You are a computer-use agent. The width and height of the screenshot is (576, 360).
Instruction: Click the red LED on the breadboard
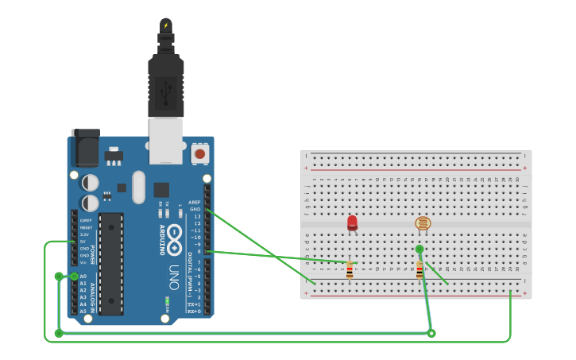click(352, 223)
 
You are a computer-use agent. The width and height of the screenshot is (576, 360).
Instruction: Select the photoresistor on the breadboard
click(423, 223)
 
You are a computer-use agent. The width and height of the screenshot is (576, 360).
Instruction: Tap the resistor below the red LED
click(350, 271)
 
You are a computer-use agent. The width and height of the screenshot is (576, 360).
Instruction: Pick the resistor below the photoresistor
click(419, 271)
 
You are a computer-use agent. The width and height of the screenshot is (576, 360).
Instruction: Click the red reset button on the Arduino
click(199, 153)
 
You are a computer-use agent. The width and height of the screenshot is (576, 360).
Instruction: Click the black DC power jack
click(85, 148)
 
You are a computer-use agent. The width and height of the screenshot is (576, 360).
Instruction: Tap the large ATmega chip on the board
click(111, 263)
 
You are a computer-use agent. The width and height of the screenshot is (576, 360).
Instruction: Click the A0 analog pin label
click(83, 277)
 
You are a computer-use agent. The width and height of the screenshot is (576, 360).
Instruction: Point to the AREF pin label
click(195, 203)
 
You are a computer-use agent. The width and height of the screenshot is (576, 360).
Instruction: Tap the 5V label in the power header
click(83, 242)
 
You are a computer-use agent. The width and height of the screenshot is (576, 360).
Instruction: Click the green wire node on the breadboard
click(419, 250)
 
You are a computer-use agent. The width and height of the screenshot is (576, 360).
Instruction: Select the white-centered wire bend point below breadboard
click(431, 333)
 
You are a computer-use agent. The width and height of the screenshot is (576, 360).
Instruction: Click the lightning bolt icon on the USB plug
click(166, 25)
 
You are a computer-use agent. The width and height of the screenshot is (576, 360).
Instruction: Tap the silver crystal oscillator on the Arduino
click(139, 187)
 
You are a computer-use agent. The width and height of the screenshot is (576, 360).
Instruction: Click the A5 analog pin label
click(83, 312)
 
